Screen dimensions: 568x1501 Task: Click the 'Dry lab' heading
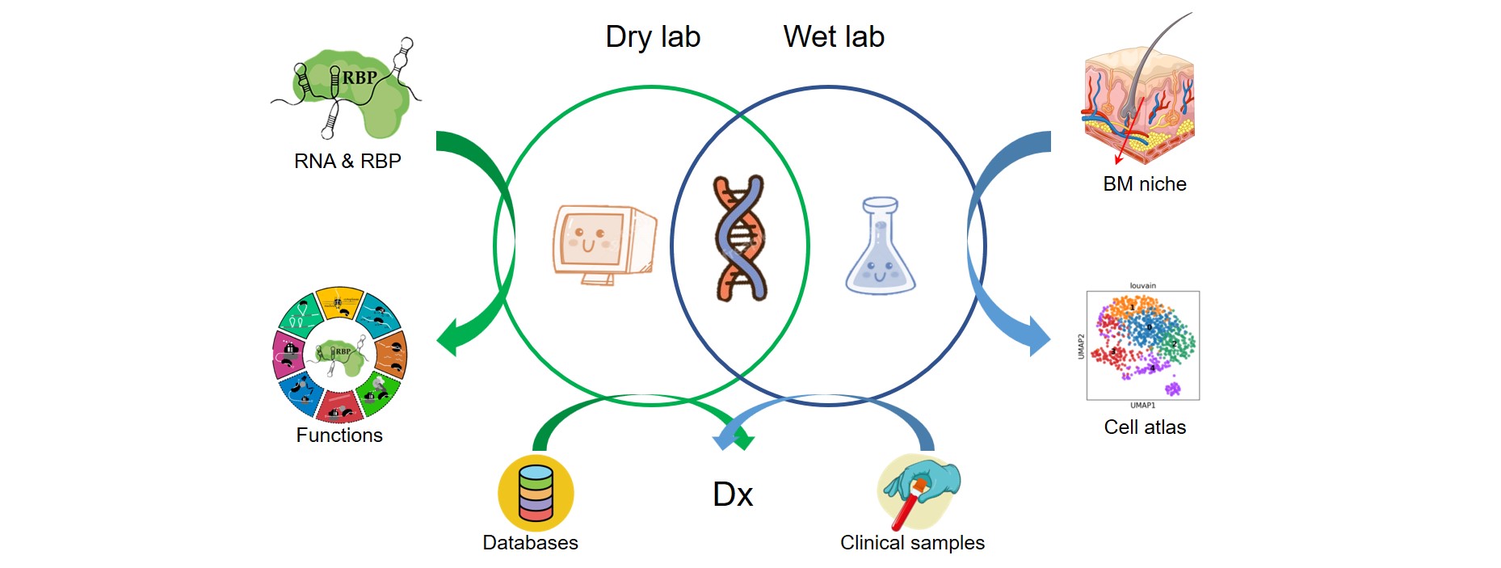tap(653, 37)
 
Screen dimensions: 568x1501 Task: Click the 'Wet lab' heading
tap(834, 37)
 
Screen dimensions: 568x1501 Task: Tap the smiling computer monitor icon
tap(603, 243)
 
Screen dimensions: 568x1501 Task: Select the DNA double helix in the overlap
tap(739, 238)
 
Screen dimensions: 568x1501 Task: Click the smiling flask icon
tap(880, 246)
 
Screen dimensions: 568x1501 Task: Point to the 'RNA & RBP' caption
tap(347, 162)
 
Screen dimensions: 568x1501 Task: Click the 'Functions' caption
tap(339, 435)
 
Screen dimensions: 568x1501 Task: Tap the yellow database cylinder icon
tap(536, 493)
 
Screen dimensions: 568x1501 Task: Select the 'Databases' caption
tap(530, 543)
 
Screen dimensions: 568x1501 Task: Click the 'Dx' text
tap(733, 494)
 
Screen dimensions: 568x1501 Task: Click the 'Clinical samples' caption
tap(912, 543)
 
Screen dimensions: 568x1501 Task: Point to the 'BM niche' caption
tap(1145, 184)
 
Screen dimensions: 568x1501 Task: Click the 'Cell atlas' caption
tap(1145, 427)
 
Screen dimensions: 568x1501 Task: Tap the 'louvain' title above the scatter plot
tap(1142, 285)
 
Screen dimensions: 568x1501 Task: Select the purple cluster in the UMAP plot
tap(1172, 389)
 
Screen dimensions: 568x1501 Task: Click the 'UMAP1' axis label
tap(1142, 406)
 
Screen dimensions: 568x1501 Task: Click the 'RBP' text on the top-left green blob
tap(359, 78)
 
